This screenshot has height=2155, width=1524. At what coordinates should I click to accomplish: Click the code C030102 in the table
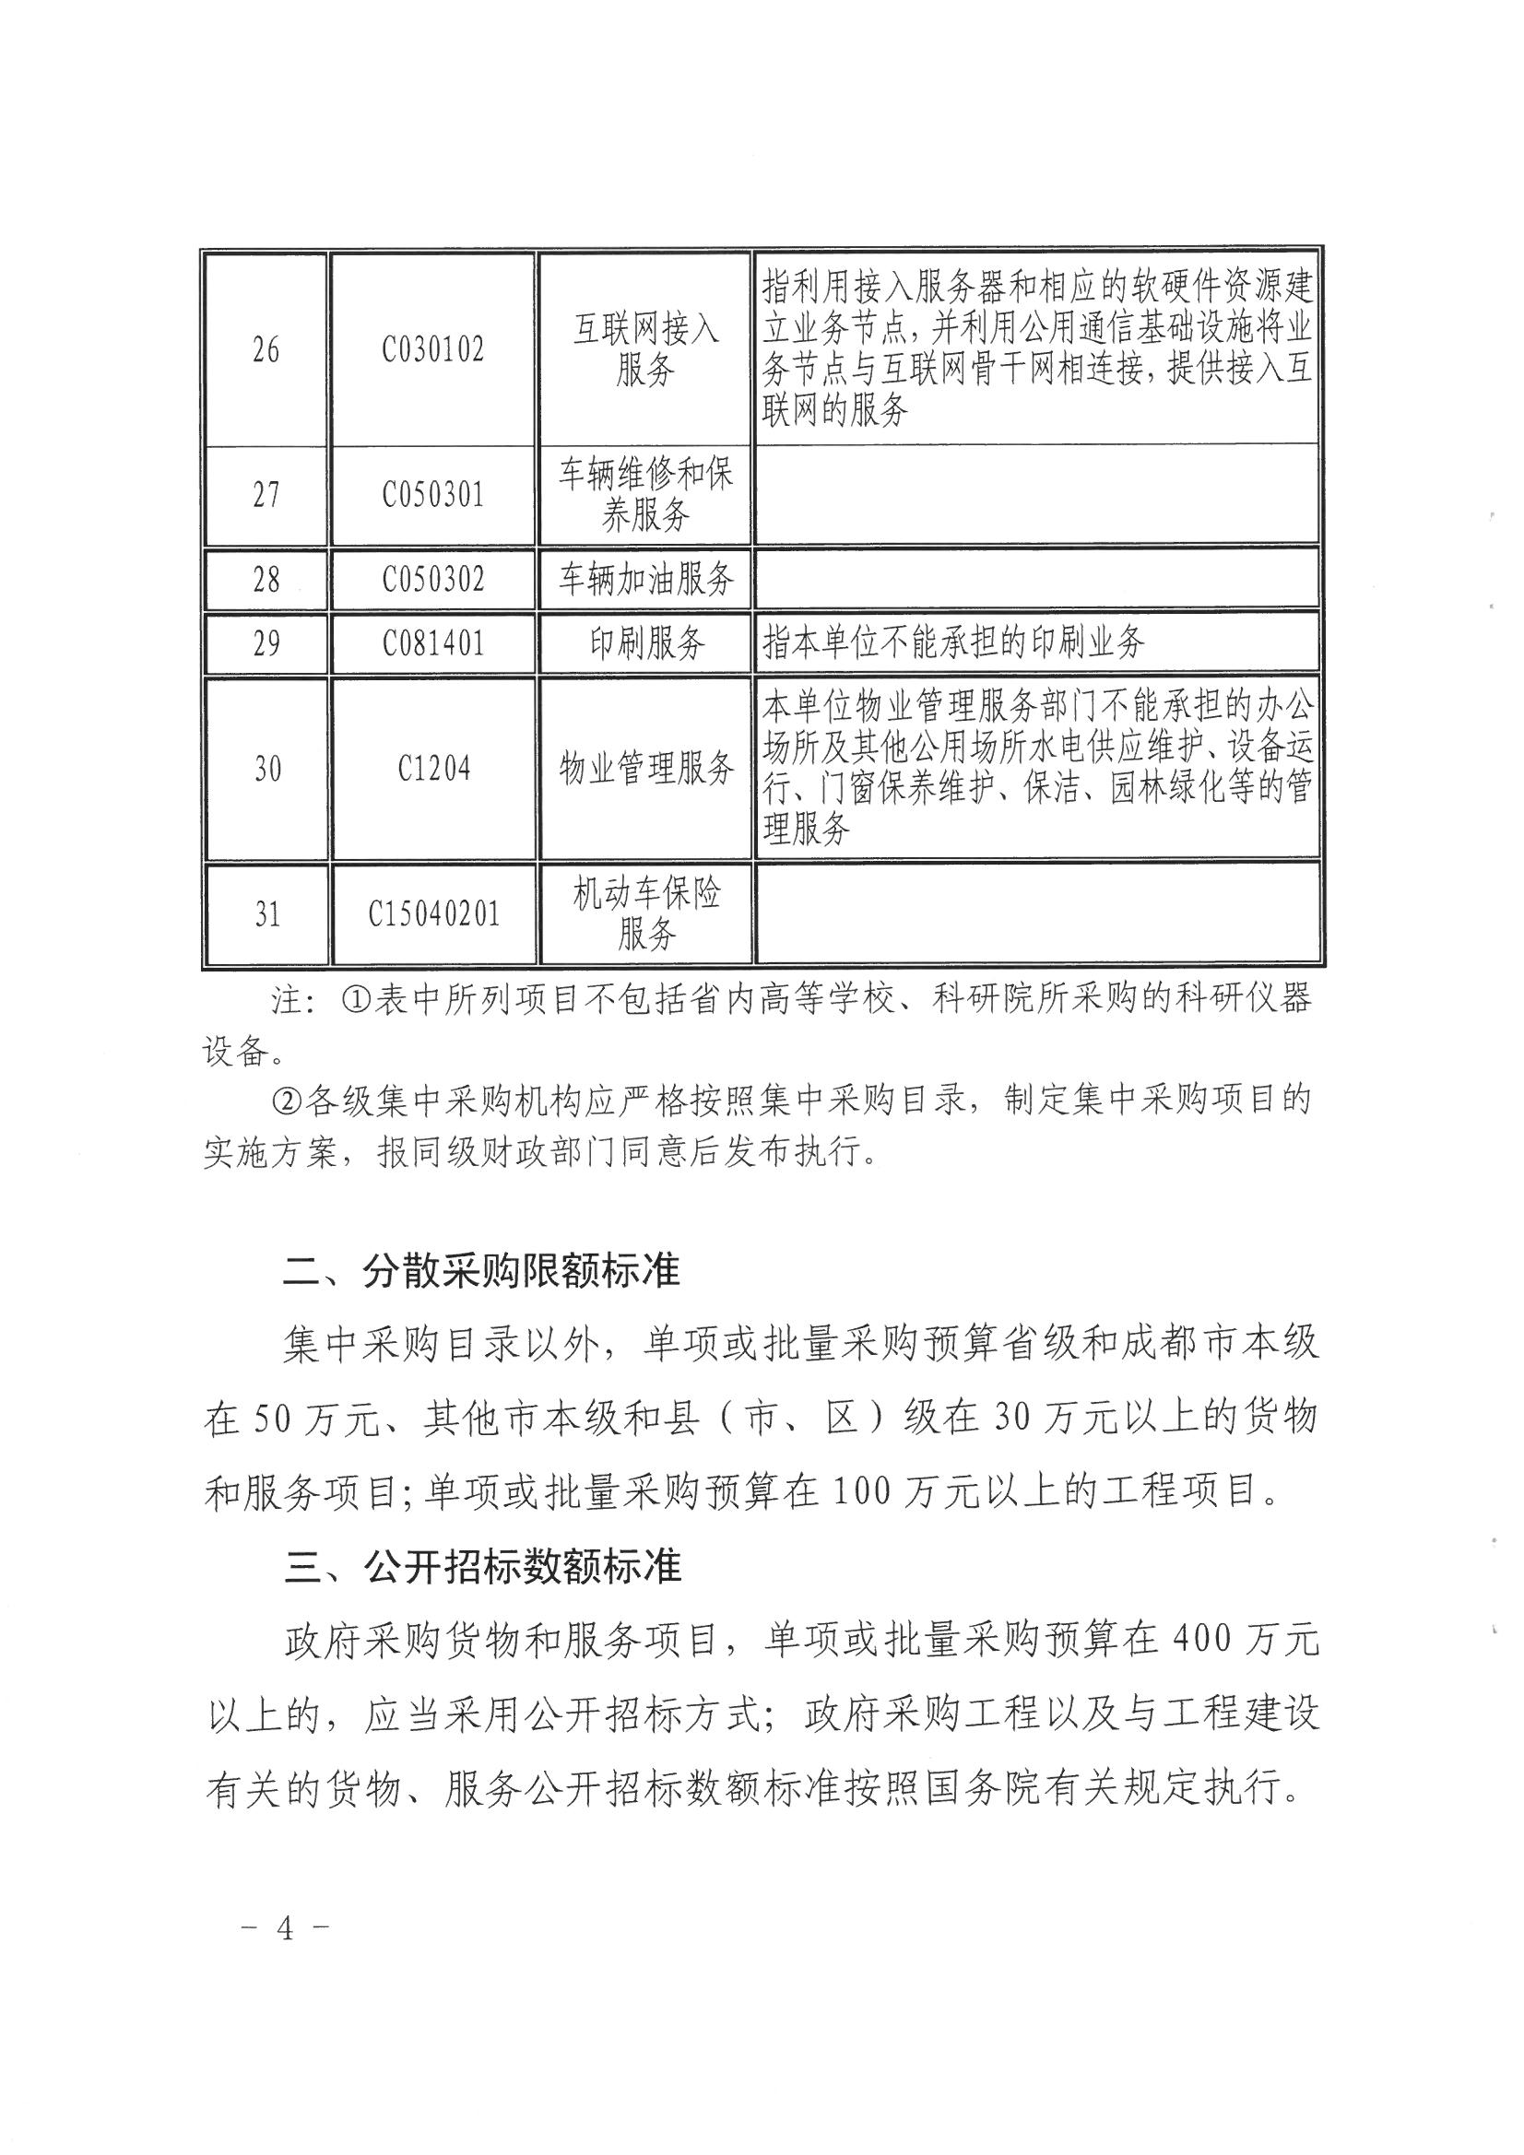click(433, 350)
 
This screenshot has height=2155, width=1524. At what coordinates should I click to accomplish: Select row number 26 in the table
click(266, 350)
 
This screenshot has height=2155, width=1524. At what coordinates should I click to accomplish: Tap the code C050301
click(433, 495)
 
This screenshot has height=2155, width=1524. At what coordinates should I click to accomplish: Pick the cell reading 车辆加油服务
click(646, 579)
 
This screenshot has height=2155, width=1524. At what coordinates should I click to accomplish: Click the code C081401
click(433, 643)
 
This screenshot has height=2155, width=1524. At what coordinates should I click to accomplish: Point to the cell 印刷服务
click(646, 643)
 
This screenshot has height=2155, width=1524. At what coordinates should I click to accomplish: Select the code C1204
click(433, 769)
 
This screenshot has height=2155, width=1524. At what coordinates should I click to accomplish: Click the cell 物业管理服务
click(646, 769)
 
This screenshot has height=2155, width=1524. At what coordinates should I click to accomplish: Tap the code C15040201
click(433, 913)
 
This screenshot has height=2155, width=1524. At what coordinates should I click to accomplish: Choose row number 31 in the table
click(266, 913)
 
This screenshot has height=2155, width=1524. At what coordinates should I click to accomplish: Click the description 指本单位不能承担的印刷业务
click(953, 643)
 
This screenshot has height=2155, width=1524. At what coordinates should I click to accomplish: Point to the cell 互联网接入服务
click(646, 350)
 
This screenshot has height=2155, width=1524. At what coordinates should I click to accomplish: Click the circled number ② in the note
click(288, 1100)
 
